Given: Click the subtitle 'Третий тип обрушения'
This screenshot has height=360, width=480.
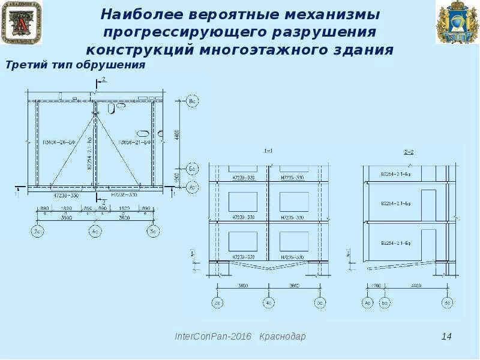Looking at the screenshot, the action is (76, 65).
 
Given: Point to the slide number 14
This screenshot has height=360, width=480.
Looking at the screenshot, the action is (446, 337).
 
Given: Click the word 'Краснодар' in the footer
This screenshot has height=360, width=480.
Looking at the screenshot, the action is (283, 337).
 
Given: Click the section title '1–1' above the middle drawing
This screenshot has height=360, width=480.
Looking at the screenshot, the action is (268, 151).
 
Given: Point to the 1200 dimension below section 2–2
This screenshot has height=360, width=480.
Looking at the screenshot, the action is (376, 286).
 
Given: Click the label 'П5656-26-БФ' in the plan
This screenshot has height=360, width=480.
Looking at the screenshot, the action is (64, 142).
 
